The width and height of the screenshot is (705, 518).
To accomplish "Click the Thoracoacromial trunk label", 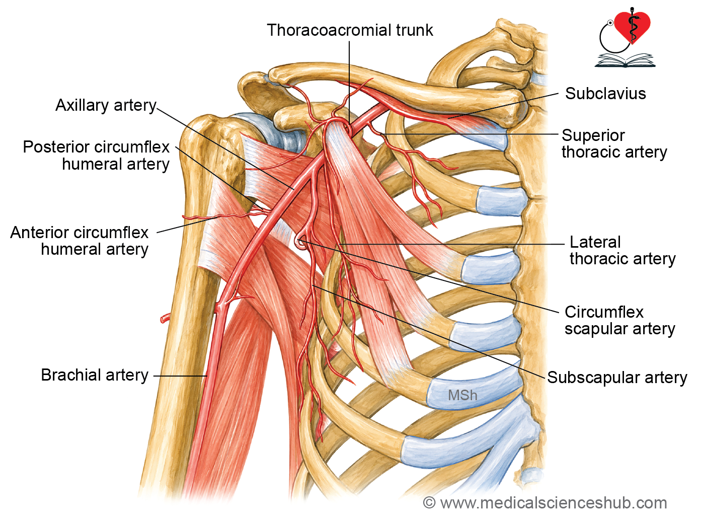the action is (x=350, y=30).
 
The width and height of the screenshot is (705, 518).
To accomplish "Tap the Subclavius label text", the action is (x=605, y=94).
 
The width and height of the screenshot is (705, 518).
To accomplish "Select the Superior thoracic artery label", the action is (x=614, y=144).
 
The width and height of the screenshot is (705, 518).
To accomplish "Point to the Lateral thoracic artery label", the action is (x=622, y=251).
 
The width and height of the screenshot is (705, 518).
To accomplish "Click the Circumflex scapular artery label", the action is (x=620, y=320).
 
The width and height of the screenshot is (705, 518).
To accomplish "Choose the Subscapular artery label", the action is (x=617, y=377).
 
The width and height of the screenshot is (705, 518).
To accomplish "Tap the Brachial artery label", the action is (x=95, y=375).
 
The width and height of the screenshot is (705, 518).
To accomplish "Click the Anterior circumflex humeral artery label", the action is (x=79, y=241).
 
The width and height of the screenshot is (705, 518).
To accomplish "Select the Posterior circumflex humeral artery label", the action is (x=96, y=156).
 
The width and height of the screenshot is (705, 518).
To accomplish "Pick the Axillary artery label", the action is (x=106, y=105).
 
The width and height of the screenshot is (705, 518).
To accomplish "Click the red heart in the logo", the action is (x=633, y=27).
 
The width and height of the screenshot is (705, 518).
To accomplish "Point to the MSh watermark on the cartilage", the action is (x=462, y=395).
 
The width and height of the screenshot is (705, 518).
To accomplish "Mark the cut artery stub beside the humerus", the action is (x=165, y=318).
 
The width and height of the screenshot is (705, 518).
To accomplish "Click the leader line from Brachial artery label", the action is (x=180, y=376).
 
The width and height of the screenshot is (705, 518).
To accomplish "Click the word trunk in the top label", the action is (x=415, y=30).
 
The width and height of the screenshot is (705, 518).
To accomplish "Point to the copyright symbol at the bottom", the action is (x=429, y=503).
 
